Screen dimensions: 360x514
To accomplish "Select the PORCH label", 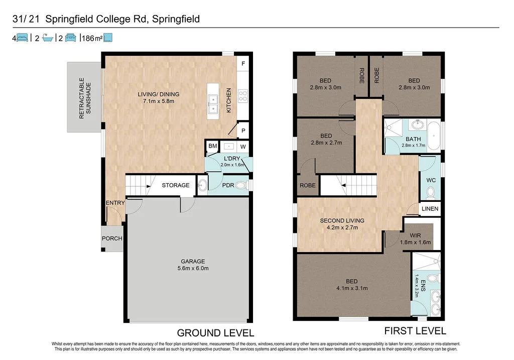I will pyautogui.click(x=112, y=238).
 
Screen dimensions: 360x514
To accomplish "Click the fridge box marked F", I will pyautogui.click(x=243, y=64).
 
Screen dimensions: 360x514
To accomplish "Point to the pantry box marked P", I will pyautogui.click(x=243, y=130).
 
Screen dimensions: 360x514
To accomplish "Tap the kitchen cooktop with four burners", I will pyautogui.click(x=243, y=95).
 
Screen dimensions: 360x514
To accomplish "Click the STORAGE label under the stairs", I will pyautogui.click(x=176, y=185).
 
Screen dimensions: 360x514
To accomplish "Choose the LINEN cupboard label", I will pyautogui.click(x=430, y=209).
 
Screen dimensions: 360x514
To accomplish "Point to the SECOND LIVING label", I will pyautogui.click(x=342, y=223).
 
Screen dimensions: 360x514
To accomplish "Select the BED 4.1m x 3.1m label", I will pyautogui.click(x=352, y=285).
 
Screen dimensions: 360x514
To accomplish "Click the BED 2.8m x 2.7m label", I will pyautogui.click(x=326, y=139).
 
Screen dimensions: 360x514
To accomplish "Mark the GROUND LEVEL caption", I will pyautogui.click(x=215, y=332).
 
